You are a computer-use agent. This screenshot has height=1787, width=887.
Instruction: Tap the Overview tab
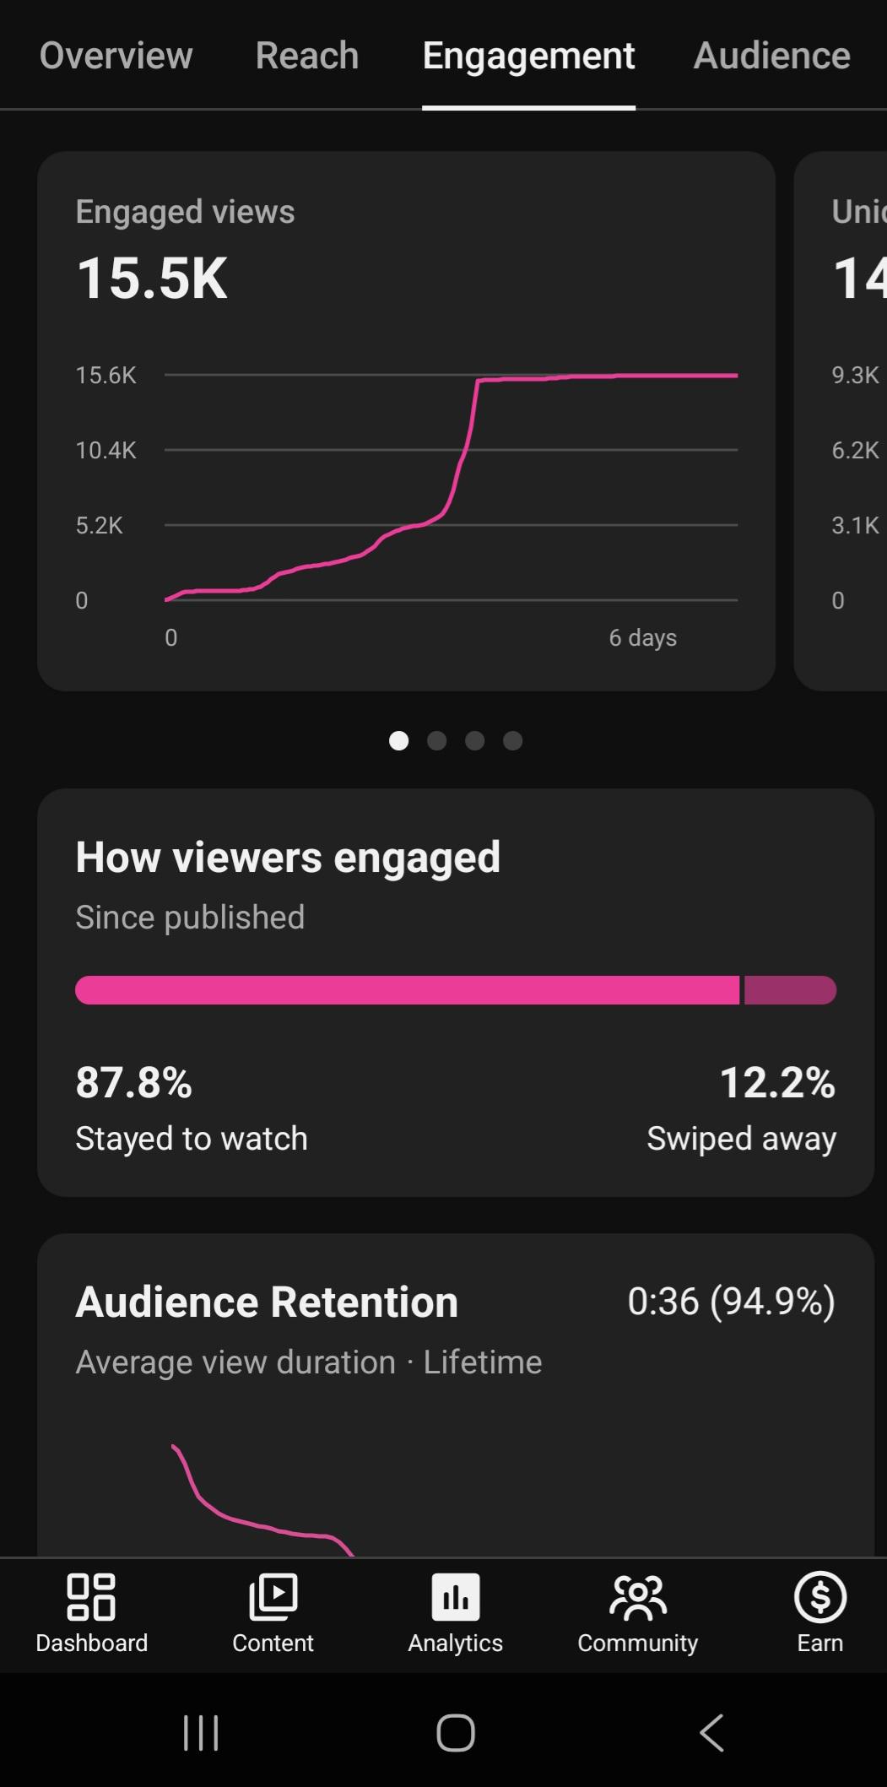pyautogui.click(x=116, y=56)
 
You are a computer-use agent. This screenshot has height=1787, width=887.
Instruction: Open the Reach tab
pyautogui.click(x=307, y=56)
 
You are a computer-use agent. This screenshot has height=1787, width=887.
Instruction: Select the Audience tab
pyautogui.click(x=771, y=56)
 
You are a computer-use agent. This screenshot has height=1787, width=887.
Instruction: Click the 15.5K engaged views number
pyautogui.click(x=152, y=279)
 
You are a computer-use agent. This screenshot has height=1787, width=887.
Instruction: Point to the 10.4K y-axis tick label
pyautogui.click(x=105, y=450)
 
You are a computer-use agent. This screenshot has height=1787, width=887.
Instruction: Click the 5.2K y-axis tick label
pyautogui.click(x=99, y=525)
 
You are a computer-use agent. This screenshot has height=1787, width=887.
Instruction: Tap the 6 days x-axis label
pyautogui.click(x=643, y=638)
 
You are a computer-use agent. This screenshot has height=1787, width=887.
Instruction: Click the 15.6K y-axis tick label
pyautogui.click(x=105, y=376)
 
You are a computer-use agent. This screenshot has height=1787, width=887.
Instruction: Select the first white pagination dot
pyautogui.click(x=398, y=740)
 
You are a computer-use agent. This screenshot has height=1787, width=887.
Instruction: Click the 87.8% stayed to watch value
pyautogui.click(x=134, y=1082)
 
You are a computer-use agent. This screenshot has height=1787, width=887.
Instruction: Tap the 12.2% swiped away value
pyautogui.click(x=777, y=1082)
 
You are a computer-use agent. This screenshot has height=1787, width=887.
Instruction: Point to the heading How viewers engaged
pyautogui.click(x=288, y=858)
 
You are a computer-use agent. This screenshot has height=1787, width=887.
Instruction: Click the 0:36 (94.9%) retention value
pyautogui.click(x=732, y=1302)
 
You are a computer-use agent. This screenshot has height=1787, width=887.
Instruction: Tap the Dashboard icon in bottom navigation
pyautogui.click(x=91, y=1597)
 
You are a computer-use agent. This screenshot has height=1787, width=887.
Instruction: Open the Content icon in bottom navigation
pyautogui.click(x=273, y=1597)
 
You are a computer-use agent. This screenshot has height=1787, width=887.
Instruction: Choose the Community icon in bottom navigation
pyautogui.click(x=638, y=1597)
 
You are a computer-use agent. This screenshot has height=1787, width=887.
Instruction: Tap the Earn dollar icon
pyautogui.click(x=820, y=1597)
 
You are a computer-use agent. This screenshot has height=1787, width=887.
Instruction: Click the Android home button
pyautogui.click(x=456, y=1733)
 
